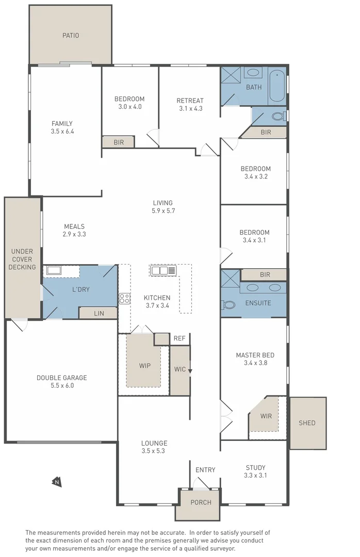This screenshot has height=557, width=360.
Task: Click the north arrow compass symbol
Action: [x=56, y=481]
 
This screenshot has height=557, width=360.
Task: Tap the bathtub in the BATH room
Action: [x=276, y=86]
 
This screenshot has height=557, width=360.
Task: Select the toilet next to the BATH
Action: [x=279, y=116]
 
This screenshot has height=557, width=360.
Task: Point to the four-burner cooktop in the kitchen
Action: [x=124, y=298]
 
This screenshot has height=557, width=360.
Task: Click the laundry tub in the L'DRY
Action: [x=54, y=270]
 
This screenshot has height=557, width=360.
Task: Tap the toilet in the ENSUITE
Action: [x=228, y=305]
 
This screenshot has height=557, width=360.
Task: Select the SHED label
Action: [x=307, y=423]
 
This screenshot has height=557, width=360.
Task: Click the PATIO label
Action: [x=71, y=35]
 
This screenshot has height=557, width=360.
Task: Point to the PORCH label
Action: [x=201, y=502]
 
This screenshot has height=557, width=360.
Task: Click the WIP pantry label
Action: [x=144, y=366]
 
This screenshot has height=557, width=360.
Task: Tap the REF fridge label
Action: [x=179, y=338]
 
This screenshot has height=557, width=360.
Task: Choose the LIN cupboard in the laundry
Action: [x=98, y=313]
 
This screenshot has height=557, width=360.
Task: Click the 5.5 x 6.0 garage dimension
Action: [x=62, y=385]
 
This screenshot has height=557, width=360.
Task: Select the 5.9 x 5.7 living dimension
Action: [x=163, y=210]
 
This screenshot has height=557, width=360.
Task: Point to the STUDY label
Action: [x=255, y=467]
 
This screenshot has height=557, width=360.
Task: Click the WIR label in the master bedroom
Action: [x=266, y=416]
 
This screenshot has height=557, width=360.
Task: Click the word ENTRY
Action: [x=205, y=470]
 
